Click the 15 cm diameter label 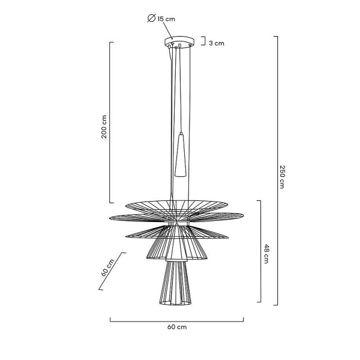[x=166, y=19]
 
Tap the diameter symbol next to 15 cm [x=152, y=18]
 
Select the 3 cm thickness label [x=217, y=43]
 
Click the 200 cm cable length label [x=104, y=127]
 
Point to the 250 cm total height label [x=282, y=177]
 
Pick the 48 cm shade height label [x=266, y=254]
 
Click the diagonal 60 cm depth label [x=107, y=268]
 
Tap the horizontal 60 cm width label [x=177, y=327]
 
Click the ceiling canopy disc [x=179, y=41]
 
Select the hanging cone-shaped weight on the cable [x=181, y=155]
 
